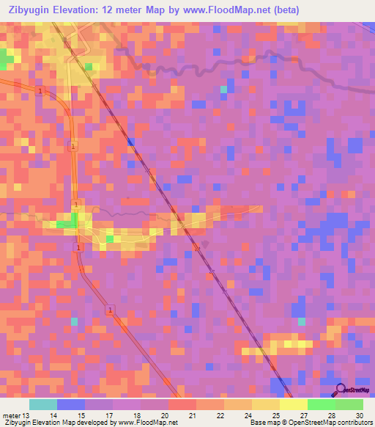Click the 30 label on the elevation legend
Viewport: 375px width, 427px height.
coord(359,415)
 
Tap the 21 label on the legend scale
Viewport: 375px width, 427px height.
coord(192,415)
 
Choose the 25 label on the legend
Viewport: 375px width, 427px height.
coord(275,415)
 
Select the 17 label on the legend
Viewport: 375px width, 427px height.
coord(108,415)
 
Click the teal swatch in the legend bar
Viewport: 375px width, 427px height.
coord(43,404)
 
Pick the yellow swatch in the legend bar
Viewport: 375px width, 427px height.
coord(293,404)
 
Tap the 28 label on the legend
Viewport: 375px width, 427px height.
coord(331,415)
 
